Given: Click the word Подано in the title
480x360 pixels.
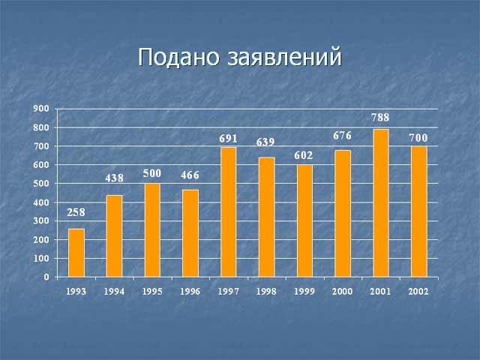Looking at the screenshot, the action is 178,57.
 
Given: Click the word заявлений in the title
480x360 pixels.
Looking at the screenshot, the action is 284,57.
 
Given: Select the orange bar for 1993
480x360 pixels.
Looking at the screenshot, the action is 76,253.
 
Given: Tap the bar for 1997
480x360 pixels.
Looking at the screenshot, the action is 228,212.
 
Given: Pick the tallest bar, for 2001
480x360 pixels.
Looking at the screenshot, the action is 381,203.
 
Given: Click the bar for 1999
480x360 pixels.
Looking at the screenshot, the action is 304,220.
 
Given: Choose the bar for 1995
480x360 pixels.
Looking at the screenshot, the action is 152,230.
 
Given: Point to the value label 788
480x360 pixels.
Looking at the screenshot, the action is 380,118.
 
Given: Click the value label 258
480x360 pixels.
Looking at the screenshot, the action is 76,212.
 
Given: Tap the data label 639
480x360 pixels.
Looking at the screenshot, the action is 265,142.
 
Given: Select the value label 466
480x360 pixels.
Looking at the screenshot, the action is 190,175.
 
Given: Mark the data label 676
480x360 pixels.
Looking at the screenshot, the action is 342,136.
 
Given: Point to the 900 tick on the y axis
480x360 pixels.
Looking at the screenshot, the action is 41,109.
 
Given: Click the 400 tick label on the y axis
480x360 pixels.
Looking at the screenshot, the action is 41,202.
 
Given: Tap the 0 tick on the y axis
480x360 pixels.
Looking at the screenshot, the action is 46,277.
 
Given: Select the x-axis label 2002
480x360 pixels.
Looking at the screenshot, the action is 418,292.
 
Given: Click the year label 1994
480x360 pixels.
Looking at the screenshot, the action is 114,292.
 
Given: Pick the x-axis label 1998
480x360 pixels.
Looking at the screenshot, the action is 266,292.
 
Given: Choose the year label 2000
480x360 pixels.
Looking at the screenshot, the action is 342,292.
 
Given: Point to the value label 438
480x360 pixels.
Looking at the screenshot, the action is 114,178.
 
